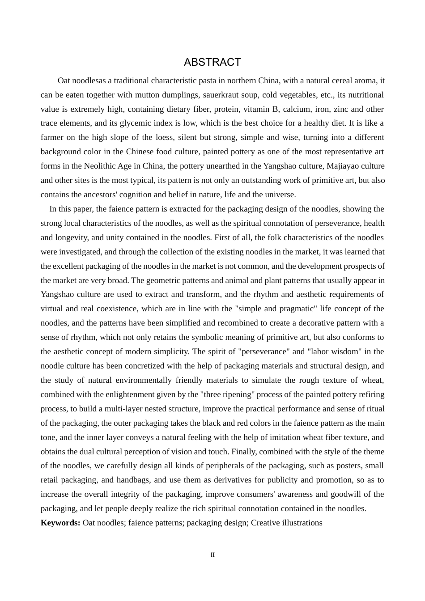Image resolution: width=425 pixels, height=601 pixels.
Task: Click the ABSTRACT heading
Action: pyautogui.click(x=212, y=62)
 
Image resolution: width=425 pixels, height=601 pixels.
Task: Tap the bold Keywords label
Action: pyautogui.click(x=60, y=523)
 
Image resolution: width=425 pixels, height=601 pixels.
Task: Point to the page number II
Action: pyautogui.click(x=212, y=554)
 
